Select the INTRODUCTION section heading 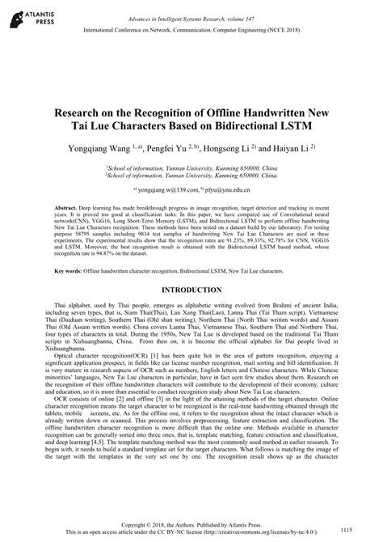point(191,289)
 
